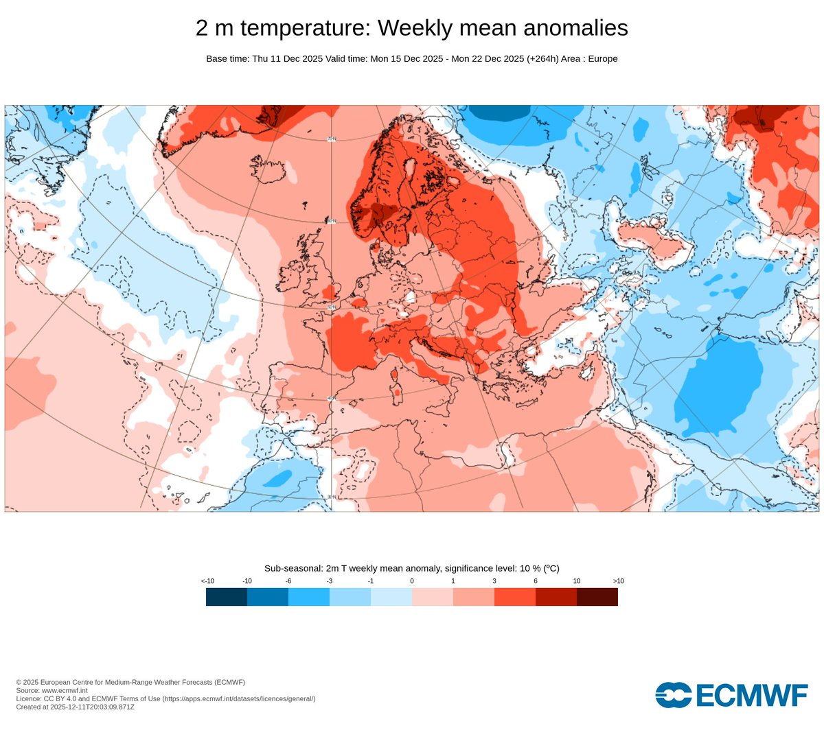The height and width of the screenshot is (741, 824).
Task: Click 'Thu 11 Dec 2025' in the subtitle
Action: tap(287, 59)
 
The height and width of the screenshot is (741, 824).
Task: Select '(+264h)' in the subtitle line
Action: tap(542, 59)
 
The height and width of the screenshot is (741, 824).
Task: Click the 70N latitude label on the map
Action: tap(332, 139)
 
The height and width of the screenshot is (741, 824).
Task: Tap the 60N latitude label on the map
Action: tap(332, 221)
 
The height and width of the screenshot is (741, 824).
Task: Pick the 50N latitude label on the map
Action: tap(332, 307)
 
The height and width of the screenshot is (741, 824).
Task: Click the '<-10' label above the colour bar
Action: tap(207, 581)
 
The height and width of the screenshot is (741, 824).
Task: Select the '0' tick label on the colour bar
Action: tap(412, 581)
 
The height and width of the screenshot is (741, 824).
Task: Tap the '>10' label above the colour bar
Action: tap(618, 581)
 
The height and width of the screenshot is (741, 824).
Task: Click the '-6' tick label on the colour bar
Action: tap(288, 581)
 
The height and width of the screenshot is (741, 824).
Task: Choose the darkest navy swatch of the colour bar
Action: tap(227, 597)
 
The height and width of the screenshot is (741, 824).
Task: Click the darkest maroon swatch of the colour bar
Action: tap(597, 597)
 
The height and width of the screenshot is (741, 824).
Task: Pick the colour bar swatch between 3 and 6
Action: tap(515, 597)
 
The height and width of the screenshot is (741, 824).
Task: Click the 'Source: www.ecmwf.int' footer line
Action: tap(51, 690)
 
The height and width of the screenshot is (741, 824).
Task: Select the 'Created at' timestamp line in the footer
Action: tap(75, 707)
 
